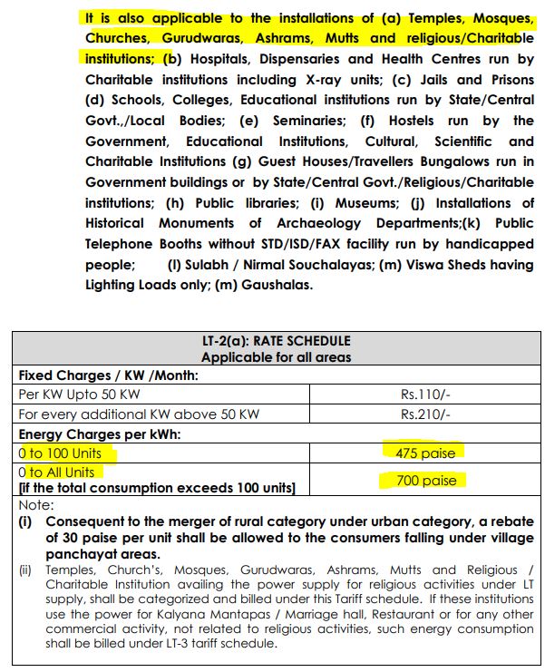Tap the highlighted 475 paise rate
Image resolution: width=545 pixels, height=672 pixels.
[x=421, y=452]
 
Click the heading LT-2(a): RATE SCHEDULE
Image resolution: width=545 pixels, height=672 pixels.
[x=276, y=342]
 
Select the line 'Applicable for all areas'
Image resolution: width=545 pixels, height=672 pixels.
[x=276, y=357]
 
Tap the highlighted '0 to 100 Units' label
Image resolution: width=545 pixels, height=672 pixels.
[x=61, y=452]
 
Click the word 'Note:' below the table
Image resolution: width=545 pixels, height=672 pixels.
[x=36, y=504]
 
